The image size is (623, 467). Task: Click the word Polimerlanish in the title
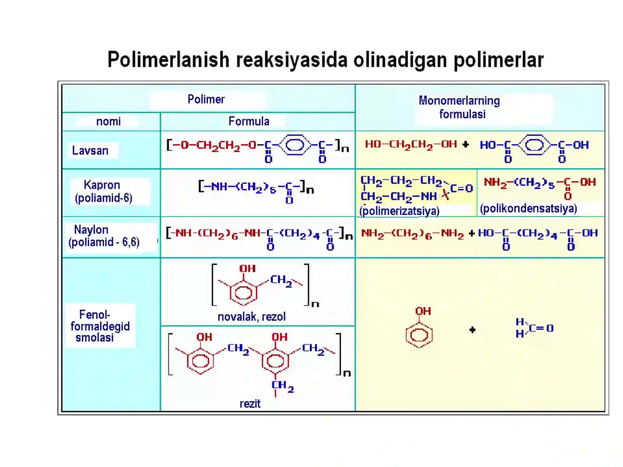(168, 60)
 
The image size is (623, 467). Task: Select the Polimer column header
(206, 99)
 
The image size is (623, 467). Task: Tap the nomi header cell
(108, 121)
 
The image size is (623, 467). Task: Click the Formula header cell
(249, 121)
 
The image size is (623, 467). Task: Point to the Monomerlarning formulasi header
(459, 107)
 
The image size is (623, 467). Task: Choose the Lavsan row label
(90, 150)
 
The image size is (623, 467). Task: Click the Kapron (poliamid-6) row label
(103, 191)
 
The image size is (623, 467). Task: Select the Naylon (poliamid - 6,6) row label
(104, 236)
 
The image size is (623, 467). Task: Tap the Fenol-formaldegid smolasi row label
(100, 326)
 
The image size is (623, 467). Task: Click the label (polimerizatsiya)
(399, 211)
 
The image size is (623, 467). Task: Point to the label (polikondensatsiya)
(528, 209)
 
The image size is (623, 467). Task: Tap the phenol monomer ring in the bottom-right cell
(419, 335)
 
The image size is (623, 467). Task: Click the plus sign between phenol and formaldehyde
(472, 330)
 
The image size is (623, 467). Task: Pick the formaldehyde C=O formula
(535, 328)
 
